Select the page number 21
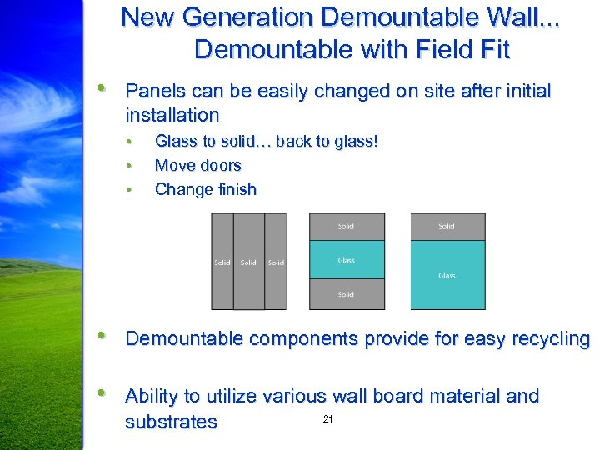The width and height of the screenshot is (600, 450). tap(327, 419)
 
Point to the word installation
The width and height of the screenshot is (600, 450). tap(172, 115)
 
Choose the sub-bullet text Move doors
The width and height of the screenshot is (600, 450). tap(197, 165)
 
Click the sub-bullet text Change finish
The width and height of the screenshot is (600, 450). tap(205, 189)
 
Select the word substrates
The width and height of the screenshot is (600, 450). tap(171, 422)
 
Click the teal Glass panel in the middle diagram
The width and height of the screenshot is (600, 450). tap(347, 260)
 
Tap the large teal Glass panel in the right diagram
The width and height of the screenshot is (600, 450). tap(447, 275)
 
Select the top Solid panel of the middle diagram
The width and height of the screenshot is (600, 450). tap(347, 227)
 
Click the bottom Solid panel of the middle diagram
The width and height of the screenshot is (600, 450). tap(347, 294)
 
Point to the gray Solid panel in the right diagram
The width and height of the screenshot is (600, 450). tap(447, 227)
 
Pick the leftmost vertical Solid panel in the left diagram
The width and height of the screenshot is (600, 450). tap(222, 262)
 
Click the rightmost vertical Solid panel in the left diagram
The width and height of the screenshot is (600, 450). tap(276, 262)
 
